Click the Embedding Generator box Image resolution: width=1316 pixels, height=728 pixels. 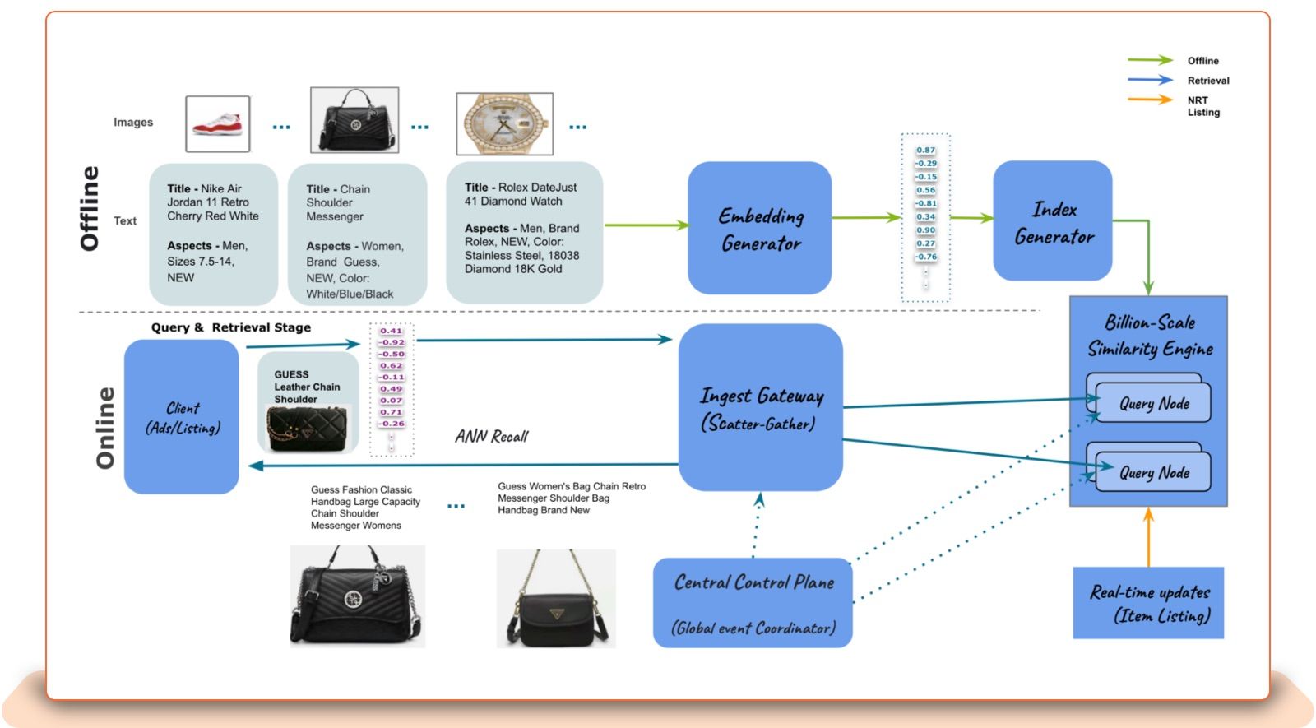759,228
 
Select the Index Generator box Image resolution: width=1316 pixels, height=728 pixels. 1052,220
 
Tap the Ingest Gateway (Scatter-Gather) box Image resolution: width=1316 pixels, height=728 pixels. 760,408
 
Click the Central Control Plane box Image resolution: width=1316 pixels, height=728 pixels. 753,603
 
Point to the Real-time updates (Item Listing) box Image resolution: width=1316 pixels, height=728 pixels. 1148,603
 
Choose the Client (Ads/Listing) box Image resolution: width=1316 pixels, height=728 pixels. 182,417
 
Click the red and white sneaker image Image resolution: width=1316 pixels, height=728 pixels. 217,123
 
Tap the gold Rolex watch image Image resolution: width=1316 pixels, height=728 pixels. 504,123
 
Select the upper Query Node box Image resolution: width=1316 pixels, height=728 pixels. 1153,403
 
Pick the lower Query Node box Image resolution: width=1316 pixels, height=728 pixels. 1153,472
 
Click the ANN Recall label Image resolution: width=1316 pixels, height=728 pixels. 491,436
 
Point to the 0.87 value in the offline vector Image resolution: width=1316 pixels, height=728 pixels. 925,151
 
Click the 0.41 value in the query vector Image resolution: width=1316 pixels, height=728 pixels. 391,331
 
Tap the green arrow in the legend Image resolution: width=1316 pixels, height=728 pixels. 1150,60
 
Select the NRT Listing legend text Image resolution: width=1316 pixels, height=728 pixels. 1202,106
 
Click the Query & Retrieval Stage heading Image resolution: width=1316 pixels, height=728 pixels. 231,327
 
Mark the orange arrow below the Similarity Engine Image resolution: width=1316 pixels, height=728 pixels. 1148,536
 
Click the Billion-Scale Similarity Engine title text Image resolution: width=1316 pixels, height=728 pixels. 1150,335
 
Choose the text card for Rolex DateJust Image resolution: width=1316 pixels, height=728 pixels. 524,232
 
